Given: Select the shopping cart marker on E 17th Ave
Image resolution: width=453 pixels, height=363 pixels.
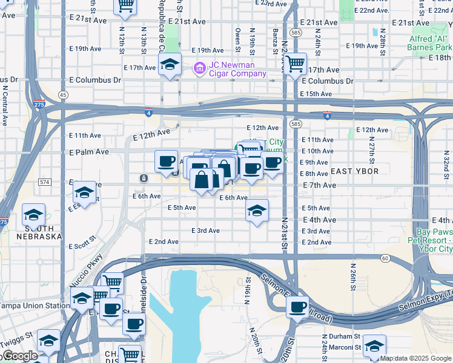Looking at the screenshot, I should tap(295, 64).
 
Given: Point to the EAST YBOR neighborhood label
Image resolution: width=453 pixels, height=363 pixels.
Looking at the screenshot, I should tap(354, 171).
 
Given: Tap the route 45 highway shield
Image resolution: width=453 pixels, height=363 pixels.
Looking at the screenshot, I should tap(63, 95).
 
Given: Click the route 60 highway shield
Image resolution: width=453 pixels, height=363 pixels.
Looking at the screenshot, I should tap(385, 258).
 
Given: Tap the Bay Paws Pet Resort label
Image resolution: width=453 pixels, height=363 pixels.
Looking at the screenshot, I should tap(434, 240).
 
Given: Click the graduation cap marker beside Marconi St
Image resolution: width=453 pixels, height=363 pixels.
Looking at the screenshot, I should tap(374, 347).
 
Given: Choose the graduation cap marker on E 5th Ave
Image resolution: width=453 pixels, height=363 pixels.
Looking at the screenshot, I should tap(257, 212).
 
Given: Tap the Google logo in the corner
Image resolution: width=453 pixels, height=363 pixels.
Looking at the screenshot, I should tap(19, 356).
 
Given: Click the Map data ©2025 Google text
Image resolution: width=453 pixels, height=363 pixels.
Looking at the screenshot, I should tap(415, 358).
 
